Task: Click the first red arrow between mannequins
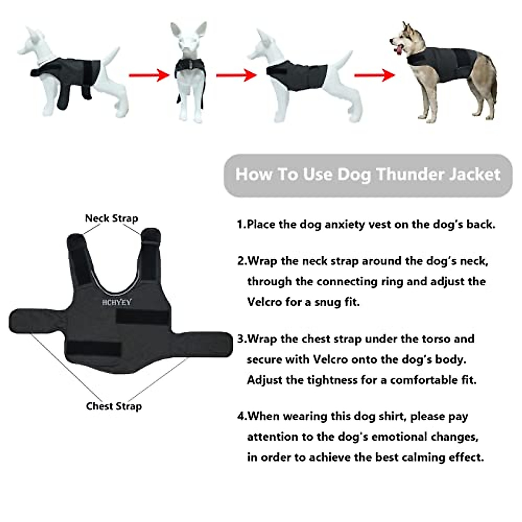click(x=149, y=75)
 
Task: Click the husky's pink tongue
click(x=398, y=51)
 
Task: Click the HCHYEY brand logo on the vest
click(x=117, y=302)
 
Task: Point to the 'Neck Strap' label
click(x=111, y=218)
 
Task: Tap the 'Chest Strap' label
click(x=114, y=406)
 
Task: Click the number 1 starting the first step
click(x=240, y=224)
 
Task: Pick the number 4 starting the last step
click(x=241, y=416)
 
